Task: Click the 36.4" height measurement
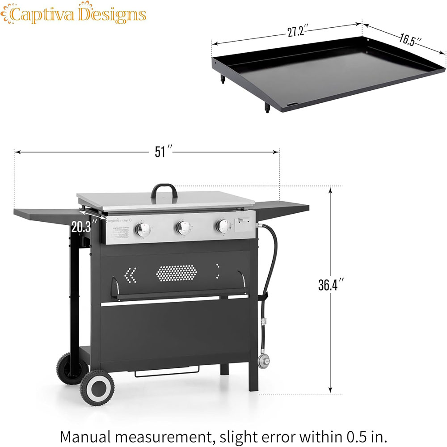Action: tap(331, 285)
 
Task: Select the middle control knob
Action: tap(182, 228)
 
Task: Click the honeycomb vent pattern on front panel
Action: tap(176, 273)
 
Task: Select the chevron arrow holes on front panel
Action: tap(131, 275)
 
